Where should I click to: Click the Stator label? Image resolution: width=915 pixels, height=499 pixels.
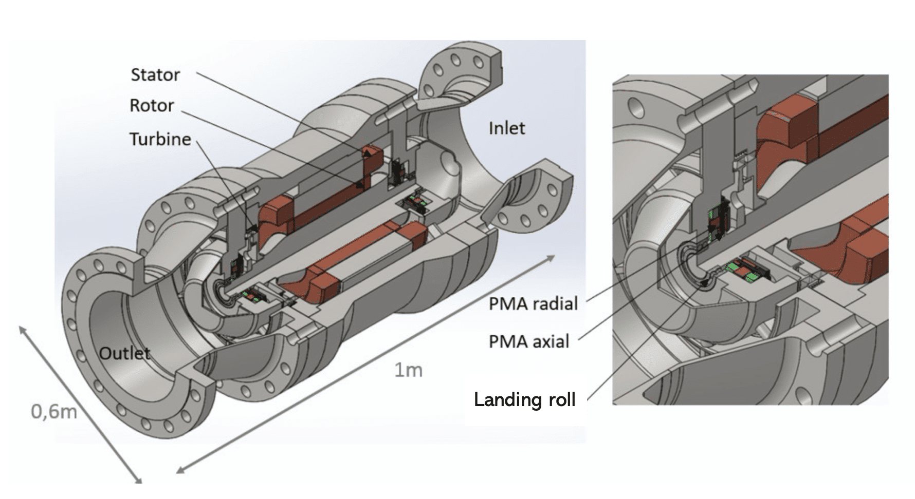pos(155,74)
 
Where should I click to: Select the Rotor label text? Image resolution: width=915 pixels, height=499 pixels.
pos(152,106)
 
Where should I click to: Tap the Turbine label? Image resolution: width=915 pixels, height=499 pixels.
pos(160,139)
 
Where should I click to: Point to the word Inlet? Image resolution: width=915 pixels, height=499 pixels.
pos(507,128)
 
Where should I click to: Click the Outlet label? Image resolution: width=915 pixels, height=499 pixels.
pos(124,353)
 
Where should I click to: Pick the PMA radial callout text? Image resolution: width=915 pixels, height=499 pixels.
pos(533,304)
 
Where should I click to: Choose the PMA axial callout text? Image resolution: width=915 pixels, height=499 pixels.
pos(529,341)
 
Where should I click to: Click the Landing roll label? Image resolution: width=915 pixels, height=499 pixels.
pos(524,399)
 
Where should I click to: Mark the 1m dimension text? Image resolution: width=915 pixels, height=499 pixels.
pos(408,370)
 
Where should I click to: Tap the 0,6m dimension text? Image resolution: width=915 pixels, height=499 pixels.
pos(54,411)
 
